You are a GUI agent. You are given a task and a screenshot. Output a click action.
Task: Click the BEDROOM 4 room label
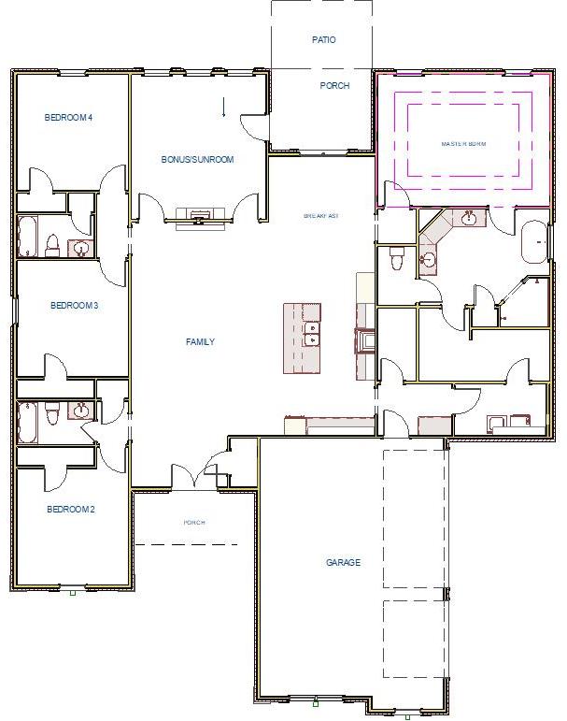click(69, 117)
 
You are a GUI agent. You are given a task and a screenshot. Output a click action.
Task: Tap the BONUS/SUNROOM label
click(197, 160)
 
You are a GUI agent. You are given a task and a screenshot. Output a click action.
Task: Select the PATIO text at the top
click(323, 40)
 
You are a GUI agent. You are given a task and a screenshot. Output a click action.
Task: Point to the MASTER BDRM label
click(464, 144)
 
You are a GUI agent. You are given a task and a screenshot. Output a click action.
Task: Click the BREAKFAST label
click(320, 216)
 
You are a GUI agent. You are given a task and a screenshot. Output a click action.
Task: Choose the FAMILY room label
click(200, 342)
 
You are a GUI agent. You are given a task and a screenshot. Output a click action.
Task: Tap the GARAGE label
click(343, 563)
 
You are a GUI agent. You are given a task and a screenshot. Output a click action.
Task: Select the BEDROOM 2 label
click(71, 510)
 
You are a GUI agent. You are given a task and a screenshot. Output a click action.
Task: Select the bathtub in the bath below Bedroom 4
click(27, 237)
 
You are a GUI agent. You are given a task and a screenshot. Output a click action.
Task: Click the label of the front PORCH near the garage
click(194, 523)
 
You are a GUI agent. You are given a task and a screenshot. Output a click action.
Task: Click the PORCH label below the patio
click(334, 86)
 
